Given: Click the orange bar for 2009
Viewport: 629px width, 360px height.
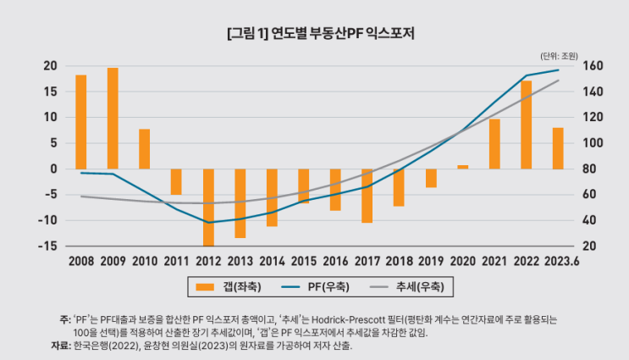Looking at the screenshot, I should (x=113, y=118).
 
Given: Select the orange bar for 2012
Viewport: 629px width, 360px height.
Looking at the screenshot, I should (x=208, y=207).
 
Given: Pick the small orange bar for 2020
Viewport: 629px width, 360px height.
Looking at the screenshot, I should (x=462, y=167).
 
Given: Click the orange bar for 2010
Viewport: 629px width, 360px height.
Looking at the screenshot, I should (x=145, y=148).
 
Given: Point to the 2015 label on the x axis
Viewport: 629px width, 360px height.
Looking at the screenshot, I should (x=304, y=261).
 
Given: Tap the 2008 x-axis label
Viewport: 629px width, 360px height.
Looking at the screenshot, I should (x=81, y=261).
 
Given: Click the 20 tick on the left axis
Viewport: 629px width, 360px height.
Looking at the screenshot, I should (x=51, y=66).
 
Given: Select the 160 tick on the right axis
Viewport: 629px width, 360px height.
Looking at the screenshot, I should (x=592, y=66).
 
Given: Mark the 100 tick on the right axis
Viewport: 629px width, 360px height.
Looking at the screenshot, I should (x=592, y=143).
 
